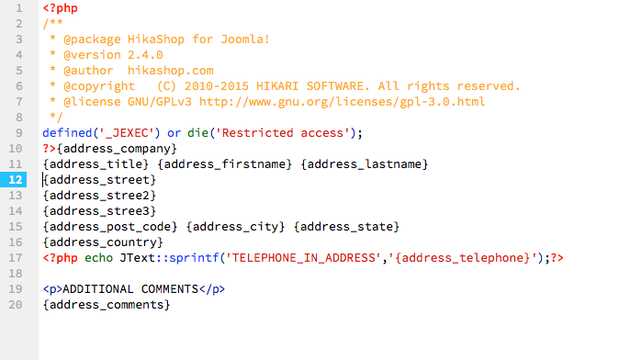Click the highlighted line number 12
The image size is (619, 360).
pyautogui.click(x=16, y=180)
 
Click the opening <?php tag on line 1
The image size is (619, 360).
pyautogui.click(x=61, y=8)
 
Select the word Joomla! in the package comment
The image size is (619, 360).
pyautogui.click(x=245, y=39)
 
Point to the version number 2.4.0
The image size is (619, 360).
pyautogui.click(x=145, y=55)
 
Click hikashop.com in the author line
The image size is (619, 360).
pyautogui.click(x=170, y=71)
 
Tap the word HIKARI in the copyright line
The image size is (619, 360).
pyautogui.click(x=277, y=86)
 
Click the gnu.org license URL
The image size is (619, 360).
pyautogui.click(x=342, y=102)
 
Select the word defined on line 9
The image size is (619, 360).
pyautogui.click(x=67, y=132)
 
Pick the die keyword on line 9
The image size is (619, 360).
pyautogui.click(x=197, y=132)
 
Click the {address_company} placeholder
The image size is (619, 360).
pyautogui.click(x=117, y=149)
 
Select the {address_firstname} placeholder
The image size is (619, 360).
pyautogui.click(x=224, y=164)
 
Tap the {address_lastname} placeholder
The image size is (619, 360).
pyautogui.click(x=364, y=164)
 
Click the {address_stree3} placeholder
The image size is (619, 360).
pyautogui.click(x=99, y=211)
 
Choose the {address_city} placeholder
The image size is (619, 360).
pyautogui.click(x=235, y=227)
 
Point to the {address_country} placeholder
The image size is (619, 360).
pyautogui.click(x=103, y=242)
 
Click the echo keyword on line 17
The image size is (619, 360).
pyautogui.click(x=98, y=258)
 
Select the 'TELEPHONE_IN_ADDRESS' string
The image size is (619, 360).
pyautogui.click(x=303, y=258)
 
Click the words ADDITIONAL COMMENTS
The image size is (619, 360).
pyautogui.click(x=130, y=289)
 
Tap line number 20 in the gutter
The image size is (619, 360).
pyautogui.click(x=16, y=305)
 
